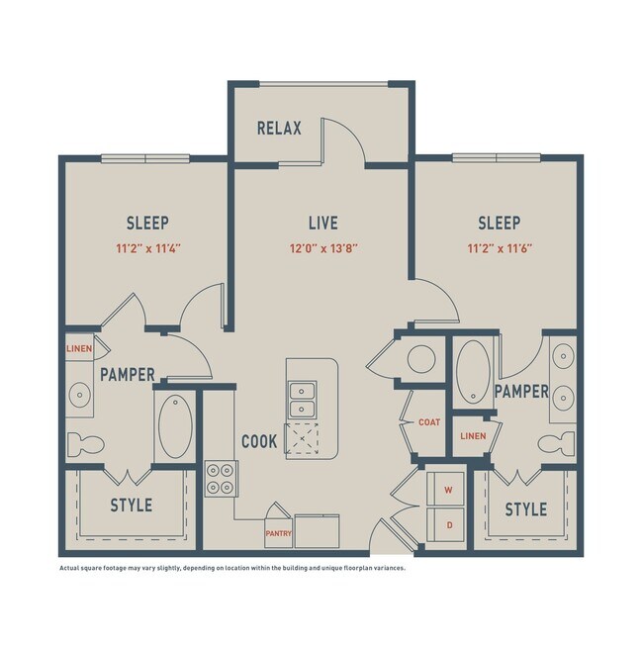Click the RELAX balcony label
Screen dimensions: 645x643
coord(279,129)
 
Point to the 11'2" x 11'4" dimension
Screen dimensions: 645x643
coord(147,248)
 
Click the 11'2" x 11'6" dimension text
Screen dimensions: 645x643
coord(499,248)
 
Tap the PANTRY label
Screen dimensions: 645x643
coord(277,532)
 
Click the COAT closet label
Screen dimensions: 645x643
coord(428,422)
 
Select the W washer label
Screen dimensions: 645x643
coord(448,489)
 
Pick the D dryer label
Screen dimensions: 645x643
coord(448,525)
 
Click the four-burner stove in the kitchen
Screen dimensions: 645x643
coord(220,479)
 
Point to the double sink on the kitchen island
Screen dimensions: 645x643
coord(302,402)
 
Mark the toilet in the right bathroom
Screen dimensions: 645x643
coord(561,441)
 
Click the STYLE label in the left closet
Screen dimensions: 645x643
coord(131,506)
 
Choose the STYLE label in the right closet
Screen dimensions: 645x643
coord(526,509)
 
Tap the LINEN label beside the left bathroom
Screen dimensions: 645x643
coord(79,349)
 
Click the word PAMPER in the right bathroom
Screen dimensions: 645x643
coord(521,392)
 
